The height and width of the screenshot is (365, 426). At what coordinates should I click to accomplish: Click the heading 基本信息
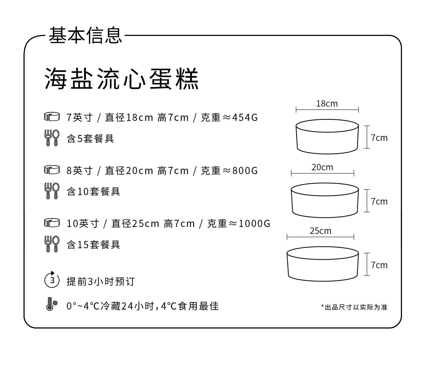(85, 35)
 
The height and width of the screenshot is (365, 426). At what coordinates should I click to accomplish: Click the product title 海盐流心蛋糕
(122, 78)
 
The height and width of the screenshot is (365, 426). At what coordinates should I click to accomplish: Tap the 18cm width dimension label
(327, 104)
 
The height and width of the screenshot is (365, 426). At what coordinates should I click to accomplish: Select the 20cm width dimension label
(322, 167)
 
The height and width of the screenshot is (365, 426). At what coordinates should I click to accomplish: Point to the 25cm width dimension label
(320, 231)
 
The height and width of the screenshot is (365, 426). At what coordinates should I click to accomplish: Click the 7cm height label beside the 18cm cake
(379, 138)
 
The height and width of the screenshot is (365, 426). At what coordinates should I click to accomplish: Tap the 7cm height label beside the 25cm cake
(379, 265)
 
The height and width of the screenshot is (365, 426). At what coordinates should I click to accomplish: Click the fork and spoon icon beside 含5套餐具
(52, 138)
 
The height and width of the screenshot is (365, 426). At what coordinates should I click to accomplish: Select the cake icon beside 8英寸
(52, 170)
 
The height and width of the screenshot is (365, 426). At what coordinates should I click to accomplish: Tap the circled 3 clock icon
(52, 280)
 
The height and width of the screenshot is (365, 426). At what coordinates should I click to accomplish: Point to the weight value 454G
(245, 118)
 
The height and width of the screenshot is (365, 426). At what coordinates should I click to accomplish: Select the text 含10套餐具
(94, 191)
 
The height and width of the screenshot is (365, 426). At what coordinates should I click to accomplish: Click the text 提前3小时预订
(100, 282)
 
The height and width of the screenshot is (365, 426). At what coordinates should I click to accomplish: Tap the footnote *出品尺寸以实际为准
(354, 307)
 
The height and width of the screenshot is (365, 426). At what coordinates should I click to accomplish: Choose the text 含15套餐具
(94, 245)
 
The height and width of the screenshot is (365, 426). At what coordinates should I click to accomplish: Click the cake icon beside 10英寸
(52, 223)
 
